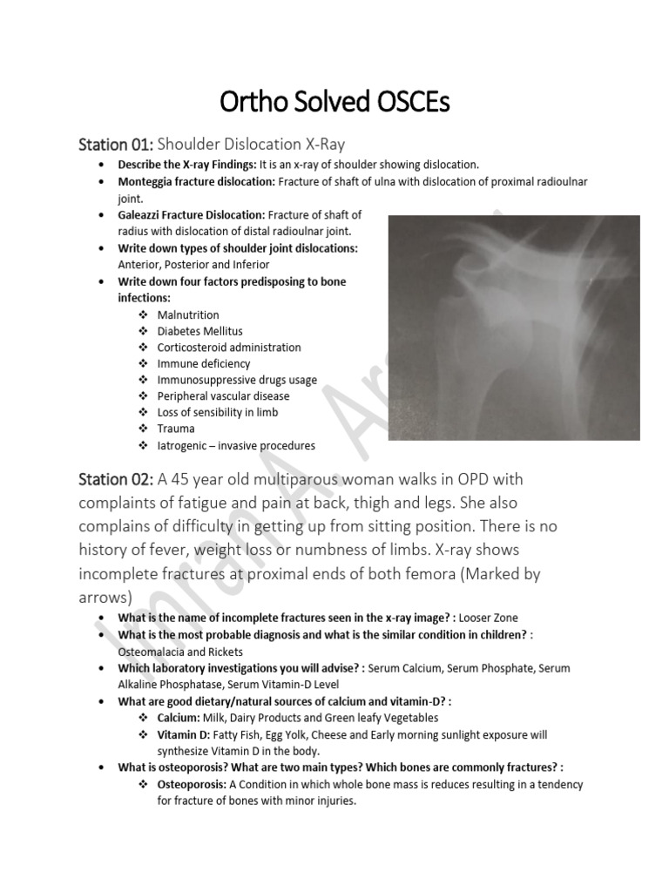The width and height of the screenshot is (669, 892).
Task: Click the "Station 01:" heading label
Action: click(x=116, y=143)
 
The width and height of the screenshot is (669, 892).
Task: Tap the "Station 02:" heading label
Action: click(x=116, y=480)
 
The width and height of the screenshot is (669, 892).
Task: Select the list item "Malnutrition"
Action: click(x=187, y=314)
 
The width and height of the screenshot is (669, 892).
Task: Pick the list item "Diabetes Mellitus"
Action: click(x=199, y=331)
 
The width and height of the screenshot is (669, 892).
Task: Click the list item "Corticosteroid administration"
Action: click(x=228, y=348)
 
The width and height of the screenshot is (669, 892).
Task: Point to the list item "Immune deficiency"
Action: click(x=203, y=363)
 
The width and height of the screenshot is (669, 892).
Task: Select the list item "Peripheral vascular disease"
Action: click(x=223, y=396)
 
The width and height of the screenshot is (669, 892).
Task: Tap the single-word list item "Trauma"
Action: click(x=176, y=429)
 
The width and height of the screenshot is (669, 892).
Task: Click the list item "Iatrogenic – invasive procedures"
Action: click(x=235, y=445)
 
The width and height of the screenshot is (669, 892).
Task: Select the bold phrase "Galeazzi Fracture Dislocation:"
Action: click(x=192, y=215)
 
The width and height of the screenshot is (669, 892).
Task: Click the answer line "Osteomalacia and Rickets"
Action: click(x=180, y=652)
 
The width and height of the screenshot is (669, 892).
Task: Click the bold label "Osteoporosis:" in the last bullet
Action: click(x=193, y=785)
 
